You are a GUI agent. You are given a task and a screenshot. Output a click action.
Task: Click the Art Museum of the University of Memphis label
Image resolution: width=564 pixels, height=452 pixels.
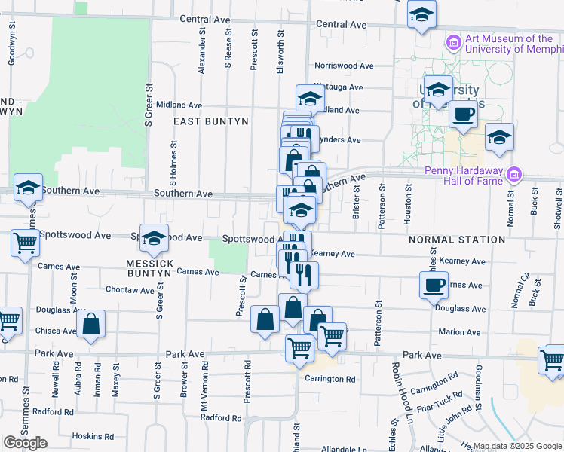point(508,44)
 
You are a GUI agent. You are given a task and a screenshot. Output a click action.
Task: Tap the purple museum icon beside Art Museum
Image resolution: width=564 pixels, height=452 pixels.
point(453,42)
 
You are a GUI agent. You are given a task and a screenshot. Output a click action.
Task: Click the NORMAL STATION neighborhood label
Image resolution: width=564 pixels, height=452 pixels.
point(457,240)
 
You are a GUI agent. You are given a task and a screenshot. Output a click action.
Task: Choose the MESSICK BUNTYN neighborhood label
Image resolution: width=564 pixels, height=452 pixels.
point(151,269)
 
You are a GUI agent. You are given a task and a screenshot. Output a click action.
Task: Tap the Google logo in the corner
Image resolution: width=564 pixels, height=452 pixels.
point(25,443)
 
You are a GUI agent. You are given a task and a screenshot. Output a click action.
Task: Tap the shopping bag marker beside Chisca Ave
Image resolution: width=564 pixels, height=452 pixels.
point(90,325)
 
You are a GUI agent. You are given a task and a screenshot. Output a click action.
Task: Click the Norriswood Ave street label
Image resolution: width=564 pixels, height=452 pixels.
point(345,66)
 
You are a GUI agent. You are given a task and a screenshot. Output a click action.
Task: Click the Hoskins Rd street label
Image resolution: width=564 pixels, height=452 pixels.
point(93,436)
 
